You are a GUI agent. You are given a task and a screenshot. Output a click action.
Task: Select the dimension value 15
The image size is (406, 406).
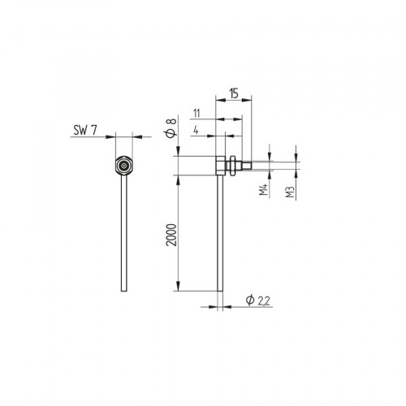(233, 93)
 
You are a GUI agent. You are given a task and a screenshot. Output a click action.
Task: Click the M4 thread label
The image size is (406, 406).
(263, 192)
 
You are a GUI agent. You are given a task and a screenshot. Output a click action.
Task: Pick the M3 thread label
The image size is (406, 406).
(290, 192)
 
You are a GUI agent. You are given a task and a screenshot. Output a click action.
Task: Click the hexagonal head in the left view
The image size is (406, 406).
(123, 165)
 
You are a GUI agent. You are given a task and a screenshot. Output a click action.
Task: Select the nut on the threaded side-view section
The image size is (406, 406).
(234, 166)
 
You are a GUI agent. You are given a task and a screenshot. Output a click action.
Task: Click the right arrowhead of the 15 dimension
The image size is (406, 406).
(250, 101)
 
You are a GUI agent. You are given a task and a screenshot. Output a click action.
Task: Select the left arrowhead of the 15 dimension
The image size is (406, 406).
(217, 101)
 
